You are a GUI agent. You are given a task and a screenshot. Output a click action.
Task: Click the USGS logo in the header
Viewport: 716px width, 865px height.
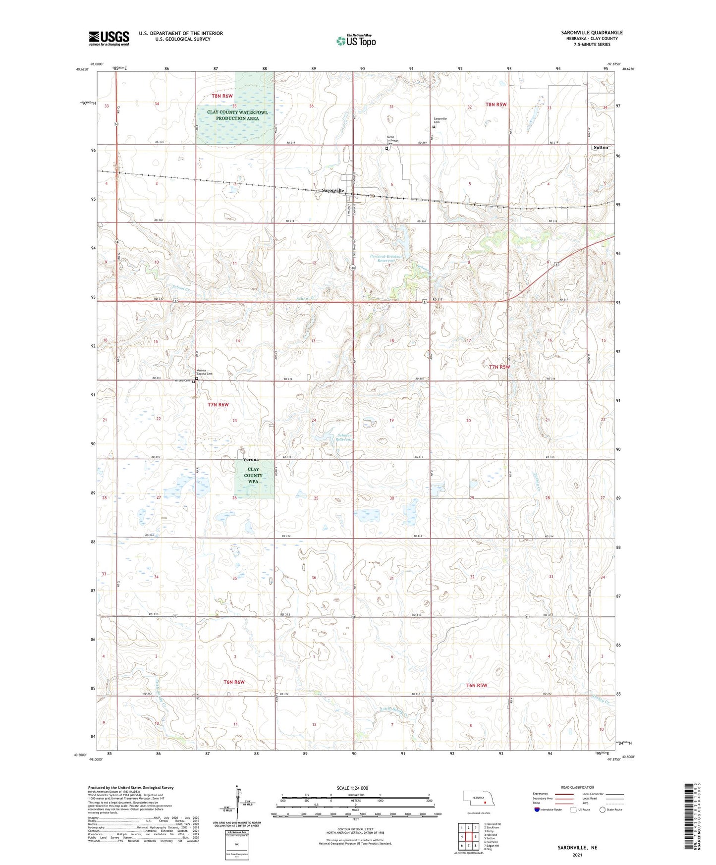coord(109,38)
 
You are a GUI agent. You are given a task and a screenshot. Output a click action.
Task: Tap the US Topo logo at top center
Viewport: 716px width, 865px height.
coord(356,41)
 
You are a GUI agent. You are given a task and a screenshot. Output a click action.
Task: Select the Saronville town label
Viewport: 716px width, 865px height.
coord(332,190)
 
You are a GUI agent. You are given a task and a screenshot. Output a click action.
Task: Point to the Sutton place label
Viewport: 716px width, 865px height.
coord(601,148)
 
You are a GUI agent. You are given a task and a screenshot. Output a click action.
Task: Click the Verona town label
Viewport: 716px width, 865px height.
coord(251,459)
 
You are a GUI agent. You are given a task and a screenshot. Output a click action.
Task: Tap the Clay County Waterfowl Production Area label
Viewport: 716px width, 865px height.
coord(237,115)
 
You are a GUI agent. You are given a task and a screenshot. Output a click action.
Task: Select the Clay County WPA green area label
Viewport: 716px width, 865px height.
coord(253,475)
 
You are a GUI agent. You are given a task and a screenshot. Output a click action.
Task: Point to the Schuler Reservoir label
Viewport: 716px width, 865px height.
coord(344,437)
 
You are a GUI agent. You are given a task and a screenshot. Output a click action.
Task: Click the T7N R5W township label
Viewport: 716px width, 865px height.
coord(499,367)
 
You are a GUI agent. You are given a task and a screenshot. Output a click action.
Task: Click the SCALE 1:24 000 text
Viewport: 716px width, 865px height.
coord(352,788)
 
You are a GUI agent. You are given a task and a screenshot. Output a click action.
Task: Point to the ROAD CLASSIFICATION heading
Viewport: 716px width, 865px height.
coord(577,787)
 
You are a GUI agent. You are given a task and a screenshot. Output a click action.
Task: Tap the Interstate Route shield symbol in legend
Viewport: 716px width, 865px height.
coord(538,810)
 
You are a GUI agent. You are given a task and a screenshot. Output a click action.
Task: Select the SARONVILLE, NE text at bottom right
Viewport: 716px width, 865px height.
coord(577,848)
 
